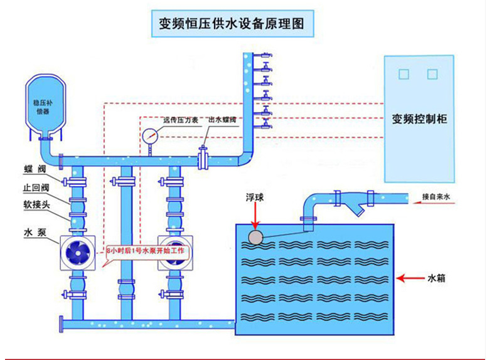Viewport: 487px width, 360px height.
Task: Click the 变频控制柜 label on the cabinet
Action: (x=419, y=119)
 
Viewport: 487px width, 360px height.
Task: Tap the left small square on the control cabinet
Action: (x=404, y=74)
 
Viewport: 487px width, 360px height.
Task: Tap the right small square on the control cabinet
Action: (x=432, y=74)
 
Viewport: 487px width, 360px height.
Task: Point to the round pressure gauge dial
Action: (x=149, y=135)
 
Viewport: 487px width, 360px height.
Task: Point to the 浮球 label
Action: (x=255, y=198)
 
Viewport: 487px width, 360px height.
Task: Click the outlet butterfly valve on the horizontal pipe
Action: (x=203, y=157)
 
